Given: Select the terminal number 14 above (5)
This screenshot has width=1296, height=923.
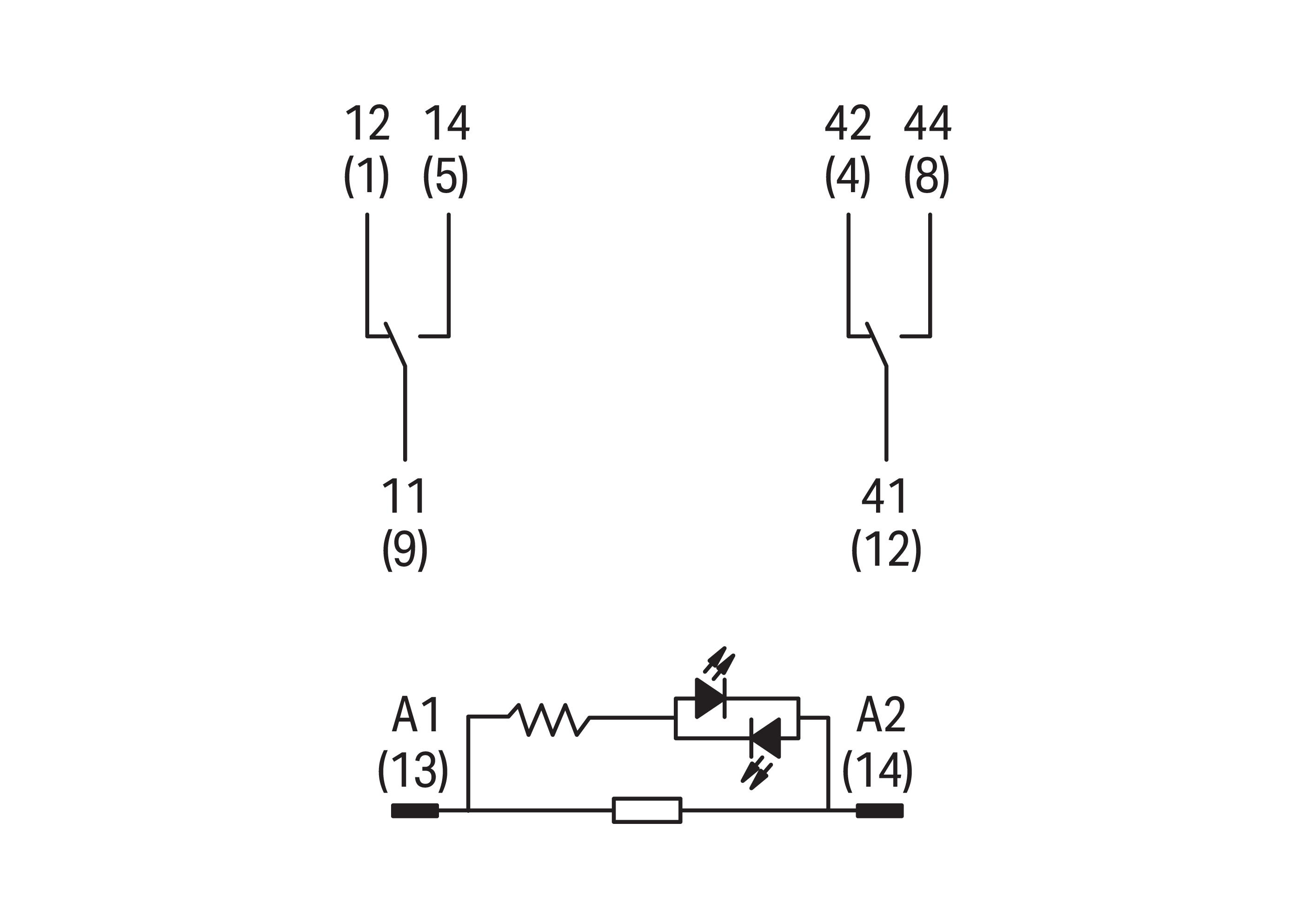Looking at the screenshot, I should point(447,123).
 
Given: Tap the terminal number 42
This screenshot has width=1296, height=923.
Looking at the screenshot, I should point(848,123).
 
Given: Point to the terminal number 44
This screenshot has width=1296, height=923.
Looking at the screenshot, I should point(927,123).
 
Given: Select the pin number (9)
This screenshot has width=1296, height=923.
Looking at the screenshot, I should point(405,549).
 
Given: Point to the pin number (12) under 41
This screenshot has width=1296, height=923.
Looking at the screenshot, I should point(886,549).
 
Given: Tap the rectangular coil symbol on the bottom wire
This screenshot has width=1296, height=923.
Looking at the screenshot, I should point(646,810).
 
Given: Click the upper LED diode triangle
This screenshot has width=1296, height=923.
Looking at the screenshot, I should point(710,697).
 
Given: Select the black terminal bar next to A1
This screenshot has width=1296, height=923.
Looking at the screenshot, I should point(415,810).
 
